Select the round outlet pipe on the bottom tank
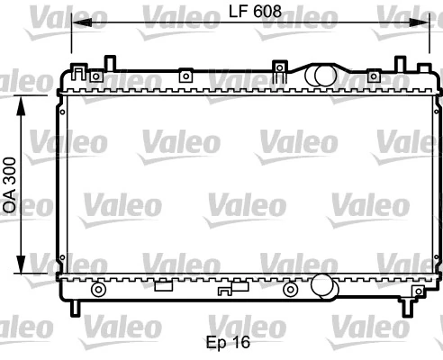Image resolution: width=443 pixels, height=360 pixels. [322, 288]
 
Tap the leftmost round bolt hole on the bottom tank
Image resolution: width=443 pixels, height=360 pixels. [99, 289]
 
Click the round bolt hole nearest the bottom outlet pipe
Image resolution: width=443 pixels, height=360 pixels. [289, 289]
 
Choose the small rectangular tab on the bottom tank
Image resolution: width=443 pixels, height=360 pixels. [163, 287]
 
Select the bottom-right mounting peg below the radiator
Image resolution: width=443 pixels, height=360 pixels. [408, 308]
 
